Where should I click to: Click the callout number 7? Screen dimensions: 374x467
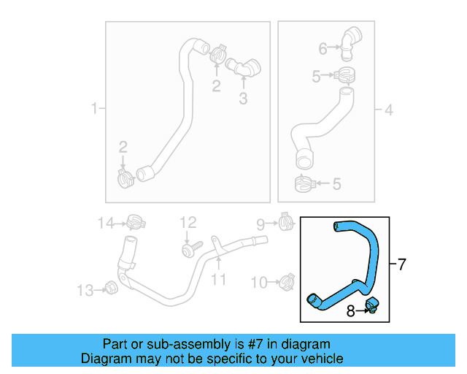[401, 264]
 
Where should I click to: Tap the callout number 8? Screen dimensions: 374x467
[351, 311]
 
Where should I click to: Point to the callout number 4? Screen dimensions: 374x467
[389, 110]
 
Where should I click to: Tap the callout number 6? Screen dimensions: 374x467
[323, 49]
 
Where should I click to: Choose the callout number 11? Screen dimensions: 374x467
[219, 279]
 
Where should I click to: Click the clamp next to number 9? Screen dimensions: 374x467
[285, 221]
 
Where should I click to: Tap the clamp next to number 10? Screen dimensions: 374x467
[285, 280]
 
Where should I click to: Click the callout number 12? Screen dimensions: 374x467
[188, 222]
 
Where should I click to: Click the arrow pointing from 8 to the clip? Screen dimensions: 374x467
[361, 311]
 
